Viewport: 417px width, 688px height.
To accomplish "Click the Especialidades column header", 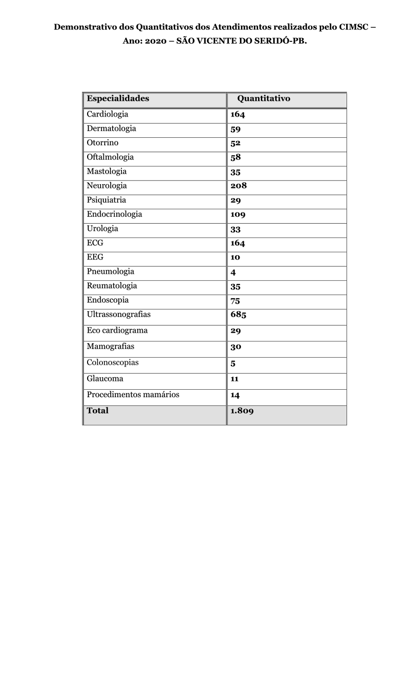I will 118,98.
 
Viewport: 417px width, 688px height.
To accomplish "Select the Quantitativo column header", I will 264,98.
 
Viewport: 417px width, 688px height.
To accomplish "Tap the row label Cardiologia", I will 107,114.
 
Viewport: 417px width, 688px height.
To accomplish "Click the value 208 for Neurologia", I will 239,186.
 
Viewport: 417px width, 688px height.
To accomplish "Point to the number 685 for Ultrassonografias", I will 238,315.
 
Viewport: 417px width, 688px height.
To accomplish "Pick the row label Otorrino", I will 102,143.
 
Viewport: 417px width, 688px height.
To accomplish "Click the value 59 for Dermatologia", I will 235,129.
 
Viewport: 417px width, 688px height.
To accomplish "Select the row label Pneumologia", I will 110,271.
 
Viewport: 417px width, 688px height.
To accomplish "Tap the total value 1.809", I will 242,411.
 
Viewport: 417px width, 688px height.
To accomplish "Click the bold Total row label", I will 97,411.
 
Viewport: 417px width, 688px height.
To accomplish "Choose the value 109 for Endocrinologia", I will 238,214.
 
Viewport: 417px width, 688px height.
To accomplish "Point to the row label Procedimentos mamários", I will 133,395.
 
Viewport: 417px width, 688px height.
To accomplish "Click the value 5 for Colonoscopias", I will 233,364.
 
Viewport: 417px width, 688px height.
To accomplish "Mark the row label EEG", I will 95,257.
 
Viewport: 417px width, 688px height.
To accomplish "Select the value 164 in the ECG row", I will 238,243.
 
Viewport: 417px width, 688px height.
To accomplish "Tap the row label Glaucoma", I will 105,379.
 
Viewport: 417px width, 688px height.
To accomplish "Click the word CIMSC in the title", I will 354,27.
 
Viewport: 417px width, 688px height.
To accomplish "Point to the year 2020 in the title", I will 156,41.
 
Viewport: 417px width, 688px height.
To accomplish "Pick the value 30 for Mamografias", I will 236,347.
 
